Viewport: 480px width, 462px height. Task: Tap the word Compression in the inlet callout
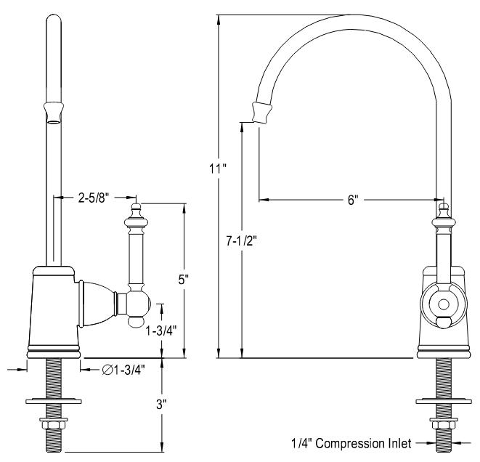point(357,442)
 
